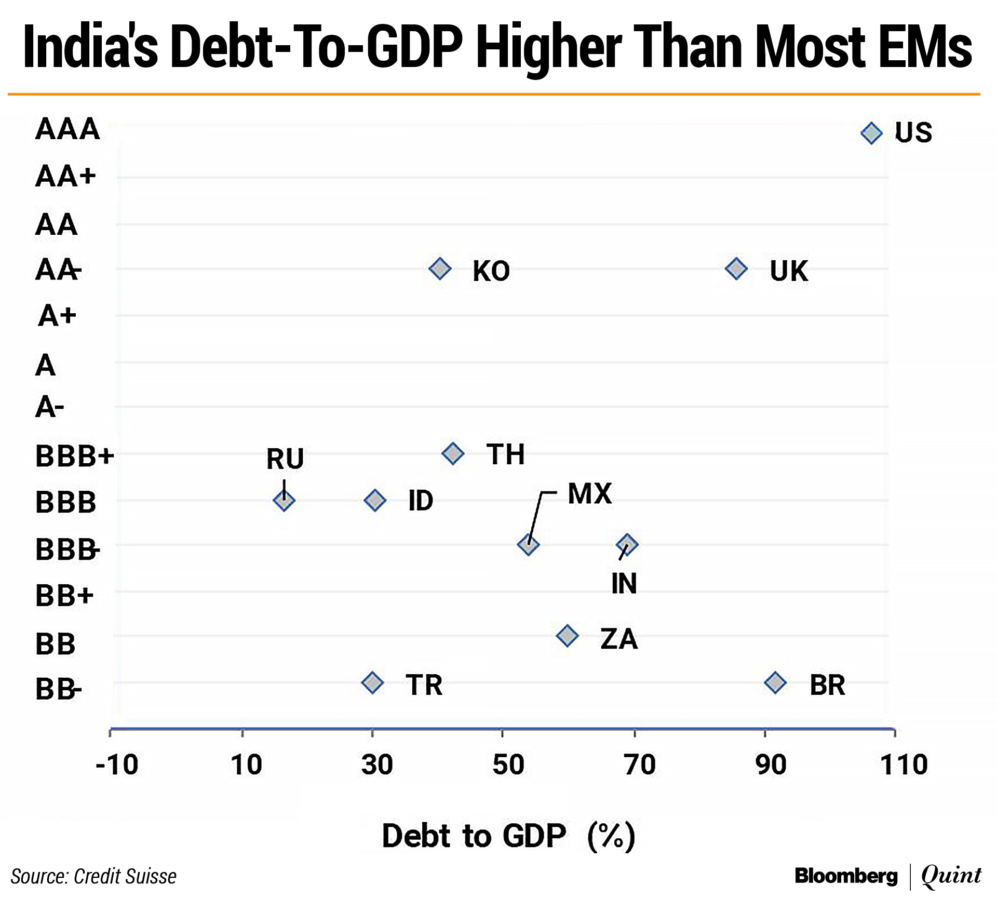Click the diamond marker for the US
[871, 133]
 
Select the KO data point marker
[440, 269]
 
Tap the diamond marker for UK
[736, 269]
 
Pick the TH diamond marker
[453, 453]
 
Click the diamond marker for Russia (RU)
[284, 501]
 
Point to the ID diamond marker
[375, 501]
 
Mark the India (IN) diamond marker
[627, 544]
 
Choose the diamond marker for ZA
[567, 636]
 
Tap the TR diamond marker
[372, 682]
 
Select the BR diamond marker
[775, 682]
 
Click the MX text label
[590, 493]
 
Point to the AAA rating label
[68, 129]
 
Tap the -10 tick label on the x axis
[117, 764]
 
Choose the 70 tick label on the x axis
[640, 764]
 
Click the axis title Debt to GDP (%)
[508, 836]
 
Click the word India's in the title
[91, 47]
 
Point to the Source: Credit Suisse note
[93, 876]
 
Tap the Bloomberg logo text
[846, 876]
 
